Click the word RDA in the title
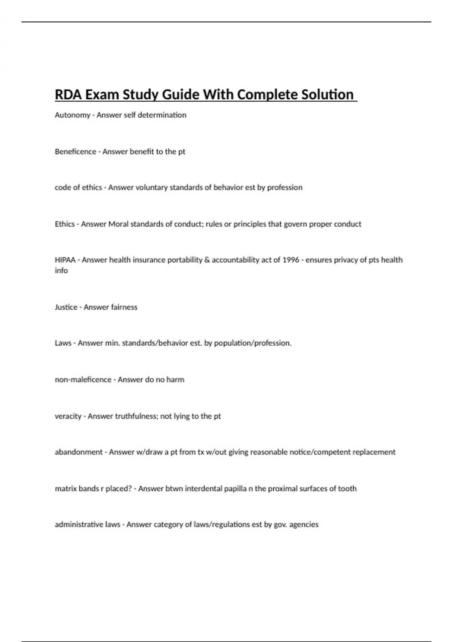pyautogui.click(x=68, y=94)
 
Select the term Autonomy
pyautogui.click(x=72, y=115)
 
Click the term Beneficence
pyautogui.click(x=75, y=151)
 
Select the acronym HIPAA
pyautogui.click(x=65, y=260)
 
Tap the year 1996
pyautogui.click(x=291, y=260)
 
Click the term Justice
pyautogui.click(x=66, y=307)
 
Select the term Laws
pyautogui.click(x=63, y=343)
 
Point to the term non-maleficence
pyautogui.click(x=83, y=380)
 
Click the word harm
pyautogui.click(x=175, y=380)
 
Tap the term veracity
pyautogui.click(x=68, y=416)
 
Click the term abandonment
pyautogui.click(x=79, y=452)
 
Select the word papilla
pyautogui.click(x=235, y=489)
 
